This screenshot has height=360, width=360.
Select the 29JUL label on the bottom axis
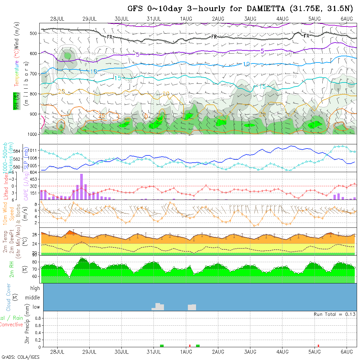coord(89,352)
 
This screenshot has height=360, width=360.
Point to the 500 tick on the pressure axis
coord(33,33)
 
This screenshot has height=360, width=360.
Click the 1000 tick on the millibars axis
coord(32,134)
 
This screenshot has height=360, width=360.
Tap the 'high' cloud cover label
coord(35,288)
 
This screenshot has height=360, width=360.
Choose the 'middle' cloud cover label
coord(32,297)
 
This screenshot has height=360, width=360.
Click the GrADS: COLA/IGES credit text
coord(20,357)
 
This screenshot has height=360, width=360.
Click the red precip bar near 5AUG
coord(318,346)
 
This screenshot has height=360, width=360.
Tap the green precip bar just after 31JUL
coord(162,346)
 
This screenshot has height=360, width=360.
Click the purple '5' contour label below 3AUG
coord(262,51)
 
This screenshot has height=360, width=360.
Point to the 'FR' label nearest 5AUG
coord(306,36)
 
